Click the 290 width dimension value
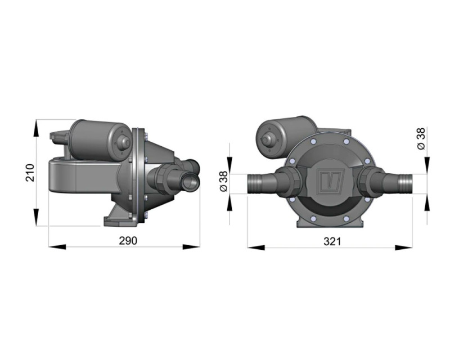128,240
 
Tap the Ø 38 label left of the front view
223,181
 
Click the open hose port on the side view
191,181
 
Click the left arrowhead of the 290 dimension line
54,246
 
